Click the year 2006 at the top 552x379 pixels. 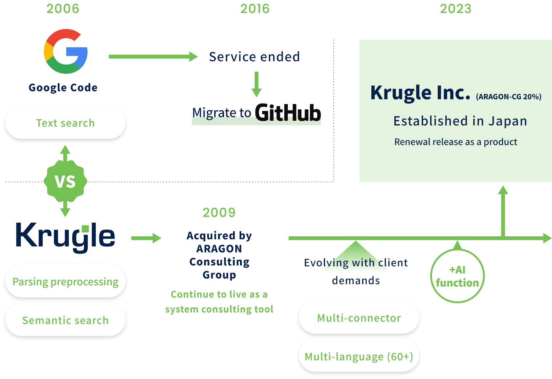(63, 9)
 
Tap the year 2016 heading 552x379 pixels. (255, 9)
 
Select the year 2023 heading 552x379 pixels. (456, 9)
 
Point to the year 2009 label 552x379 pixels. (219, 213)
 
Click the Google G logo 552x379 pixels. (66, 51)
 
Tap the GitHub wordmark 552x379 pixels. (288, 113)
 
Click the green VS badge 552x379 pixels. (65, 181)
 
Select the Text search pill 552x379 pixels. (65, 123)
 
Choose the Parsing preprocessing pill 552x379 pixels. (65, 282)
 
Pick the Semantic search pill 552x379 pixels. (65, 320)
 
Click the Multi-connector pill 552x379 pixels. (359, 318)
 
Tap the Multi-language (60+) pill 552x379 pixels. (359, 356)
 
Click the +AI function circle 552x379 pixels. (458, 276)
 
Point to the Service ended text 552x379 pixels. (255, 56)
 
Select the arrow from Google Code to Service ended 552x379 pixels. (153, 56)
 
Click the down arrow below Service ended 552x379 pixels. (256, 84)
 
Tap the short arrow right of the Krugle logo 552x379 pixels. (146, 238)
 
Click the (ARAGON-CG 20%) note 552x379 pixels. (509, 97)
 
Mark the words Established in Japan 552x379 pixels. (460, 121)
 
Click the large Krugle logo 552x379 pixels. (65, 237)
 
